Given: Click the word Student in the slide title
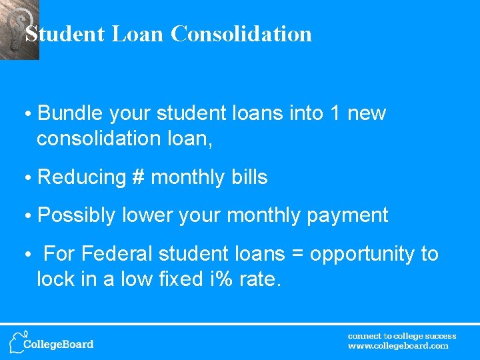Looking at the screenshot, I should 65,33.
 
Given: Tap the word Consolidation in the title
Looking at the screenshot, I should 241,33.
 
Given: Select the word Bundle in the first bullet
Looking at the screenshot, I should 71,113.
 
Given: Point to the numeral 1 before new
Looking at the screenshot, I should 337,113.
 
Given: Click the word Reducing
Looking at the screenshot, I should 82,177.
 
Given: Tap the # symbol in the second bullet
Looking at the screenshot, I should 139,177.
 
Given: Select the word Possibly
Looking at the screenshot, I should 77,215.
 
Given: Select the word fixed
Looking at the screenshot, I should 175,279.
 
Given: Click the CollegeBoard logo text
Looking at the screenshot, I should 59,345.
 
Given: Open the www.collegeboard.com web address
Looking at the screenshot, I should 398,346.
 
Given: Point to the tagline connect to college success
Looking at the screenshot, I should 402,336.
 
